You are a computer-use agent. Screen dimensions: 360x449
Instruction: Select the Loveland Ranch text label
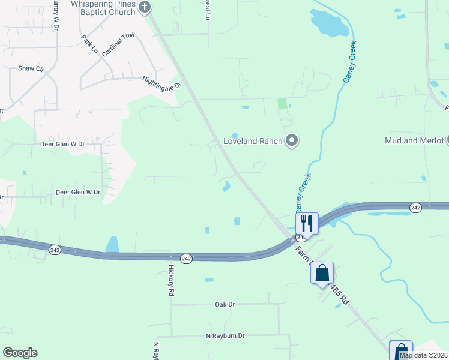(x=253, y=142)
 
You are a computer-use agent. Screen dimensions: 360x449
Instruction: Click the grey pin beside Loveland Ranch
(x=292, y=141)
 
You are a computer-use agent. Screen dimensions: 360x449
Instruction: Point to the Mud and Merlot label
(x=414, y=140)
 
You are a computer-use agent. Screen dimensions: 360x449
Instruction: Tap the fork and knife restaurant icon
(x=307, y=223)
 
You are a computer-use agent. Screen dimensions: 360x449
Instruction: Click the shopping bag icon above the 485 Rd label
(x=322, y=273)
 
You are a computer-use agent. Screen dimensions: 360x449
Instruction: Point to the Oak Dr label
(x=224, y=304)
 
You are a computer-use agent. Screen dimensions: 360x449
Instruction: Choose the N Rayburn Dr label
(x=225, y=336)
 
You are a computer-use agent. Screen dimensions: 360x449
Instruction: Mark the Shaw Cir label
(x=31, y=68)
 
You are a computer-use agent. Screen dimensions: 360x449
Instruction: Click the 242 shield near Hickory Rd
(x=186, y=258)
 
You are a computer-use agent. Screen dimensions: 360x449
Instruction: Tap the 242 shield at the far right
(x=415, y=207)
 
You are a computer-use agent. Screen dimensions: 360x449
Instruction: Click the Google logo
(x=20, y=353)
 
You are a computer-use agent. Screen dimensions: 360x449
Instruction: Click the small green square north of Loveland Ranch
(x=282, y=104)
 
